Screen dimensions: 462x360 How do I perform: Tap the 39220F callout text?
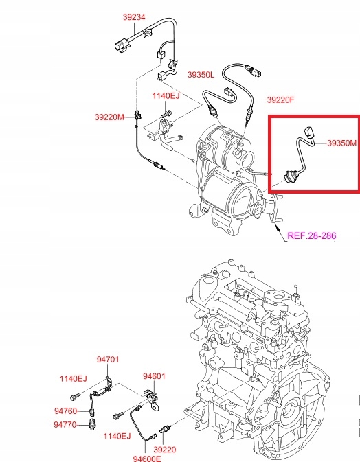tap(280, 100)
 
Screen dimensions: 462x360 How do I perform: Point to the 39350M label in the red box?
tap(341, 143)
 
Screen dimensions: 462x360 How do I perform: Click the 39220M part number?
tap(109, 117)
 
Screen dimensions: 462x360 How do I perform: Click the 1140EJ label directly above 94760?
tap(73, 378)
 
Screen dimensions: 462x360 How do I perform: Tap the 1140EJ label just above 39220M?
tap(165, 96)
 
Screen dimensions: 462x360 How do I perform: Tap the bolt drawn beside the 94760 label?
tap(76, 395)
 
